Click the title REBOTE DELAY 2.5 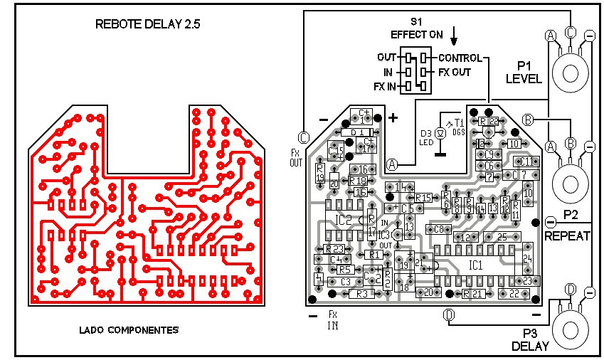148,23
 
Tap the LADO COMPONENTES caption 128,330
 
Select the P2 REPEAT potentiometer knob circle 572,182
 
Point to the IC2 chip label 344,220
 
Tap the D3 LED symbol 440,133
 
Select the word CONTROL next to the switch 460,58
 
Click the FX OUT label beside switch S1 454,72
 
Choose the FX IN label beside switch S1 384,86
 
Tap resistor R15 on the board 423,197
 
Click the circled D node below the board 449,314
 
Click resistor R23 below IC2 334,249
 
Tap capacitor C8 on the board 438,229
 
